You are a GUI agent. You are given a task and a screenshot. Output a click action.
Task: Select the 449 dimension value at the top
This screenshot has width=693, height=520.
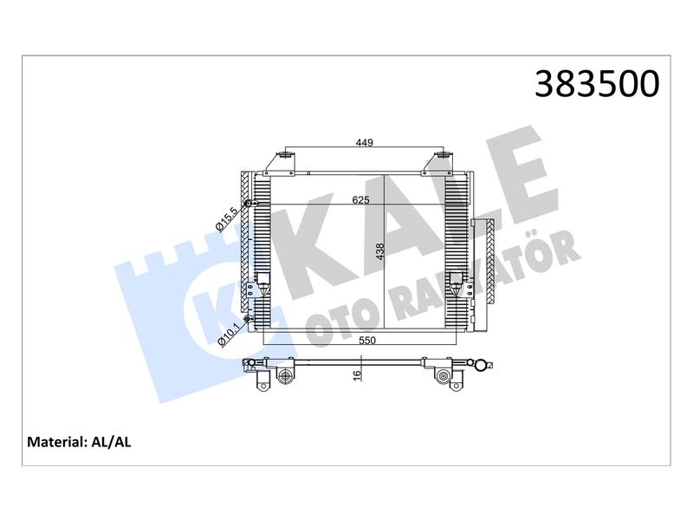click(x=365, y=142)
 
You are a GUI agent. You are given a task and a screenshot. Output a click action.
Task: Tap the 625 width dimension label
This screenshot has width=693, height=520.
click(x=360, y=200)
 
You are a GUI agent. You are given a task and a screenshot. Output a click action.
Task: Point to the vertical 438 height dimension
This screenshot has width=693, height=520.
click(x=380, y=251)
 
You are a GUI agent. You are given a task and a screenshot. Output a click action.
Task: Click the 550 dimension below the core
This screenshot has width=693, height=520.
click(x=366, y=340)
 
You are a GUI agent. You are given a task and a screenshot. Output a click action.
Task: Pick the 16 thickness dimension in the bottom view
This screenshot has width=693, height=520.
click(x=357, y=375)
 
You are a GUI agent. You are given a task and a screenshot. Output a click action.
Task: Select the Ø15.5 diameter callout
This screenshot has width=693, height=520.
click(x=227, y=220)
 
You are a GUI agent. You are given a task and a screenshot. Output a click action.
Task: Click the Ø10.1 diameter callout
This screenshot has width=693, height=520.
click(x=229, y=335)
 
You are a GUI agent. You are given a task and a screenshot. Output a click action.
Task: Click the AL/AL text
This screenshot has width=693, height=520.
click(x=111, y=442)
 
